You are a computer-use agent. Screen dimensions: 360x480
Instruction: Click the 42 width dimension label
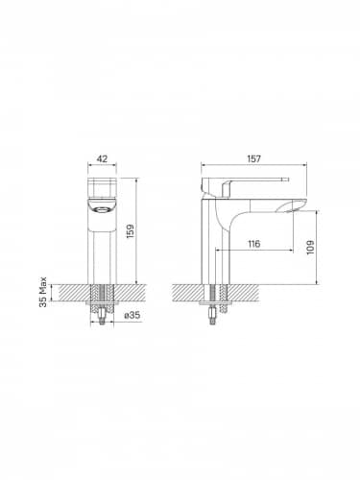[102, 158]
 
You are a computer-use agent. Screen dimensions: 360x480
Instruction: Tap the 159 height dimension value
[131, 231]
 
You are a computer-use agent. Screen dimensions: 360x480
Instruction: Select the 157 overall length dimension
[254, 158]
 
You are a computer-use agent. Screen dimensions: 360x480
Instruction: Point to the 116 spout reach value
[254, 244]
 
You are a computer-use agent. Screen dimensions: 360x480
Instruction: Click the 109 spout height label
[310, 248]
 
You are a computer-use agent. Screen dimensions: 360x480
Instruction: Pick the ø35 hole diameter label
[132, 315]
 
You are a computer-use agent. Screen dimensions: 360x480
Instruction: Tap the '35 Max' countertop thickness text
[43, 292]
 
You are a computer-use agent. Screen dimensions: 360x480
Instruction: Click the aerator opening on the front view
[102, 210]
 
